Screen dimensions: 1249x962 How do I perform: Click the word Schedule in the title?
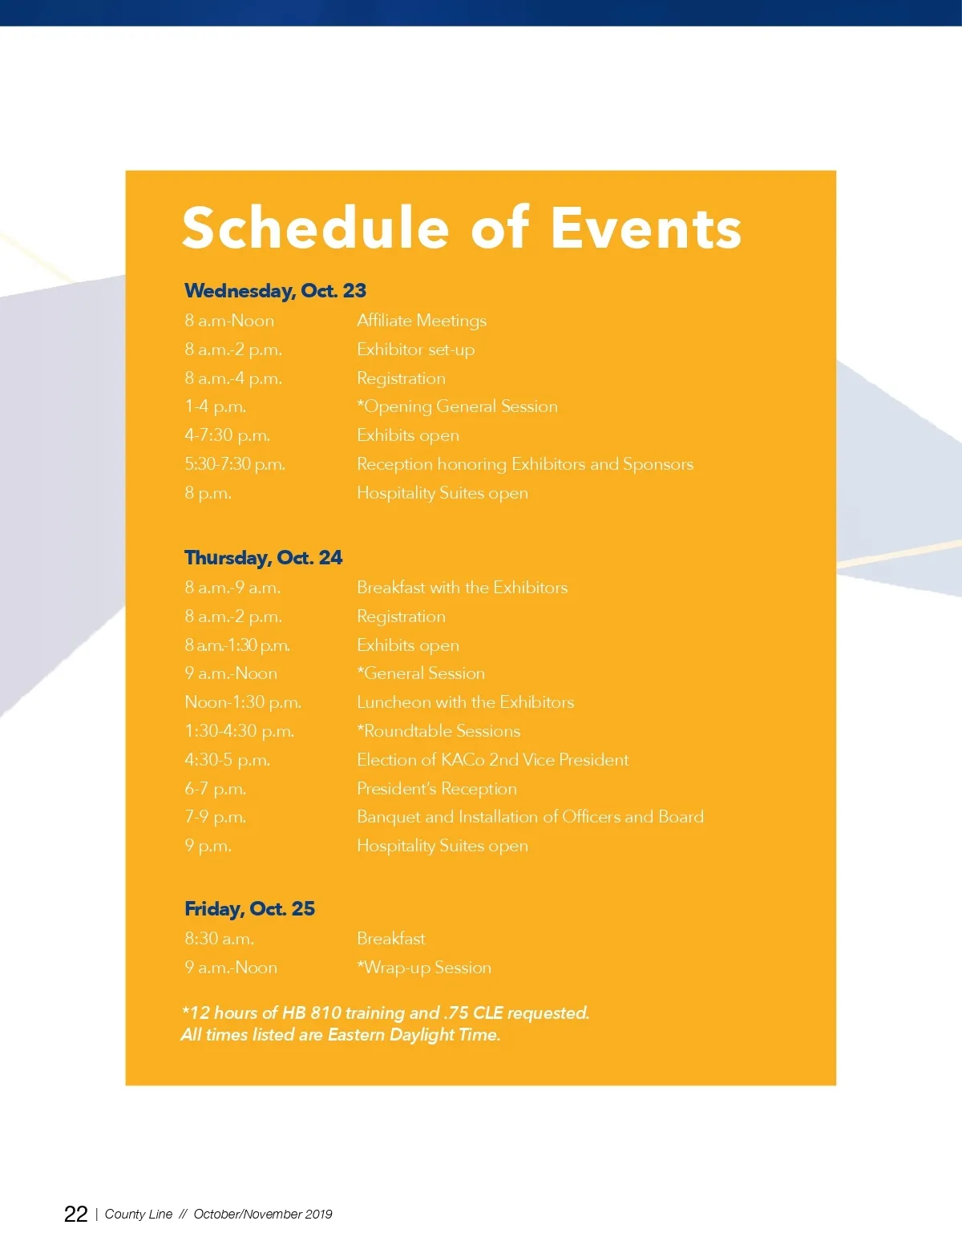point(315,228)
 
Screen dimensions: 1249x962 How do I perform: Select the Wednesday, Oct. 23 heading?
point(275,290)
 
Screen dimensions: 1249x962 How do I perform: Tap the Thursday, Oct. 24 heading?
point(263,557)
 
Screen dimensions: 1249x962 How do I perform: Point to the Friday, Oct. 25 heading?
point(249,908)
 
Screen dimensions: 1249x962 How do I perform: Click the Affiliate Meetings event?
point(422,321)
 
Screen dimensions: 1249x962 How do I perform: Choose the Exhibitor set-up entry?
point(415,350)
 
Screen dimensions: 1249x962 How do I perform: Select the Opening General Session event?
point(457,406)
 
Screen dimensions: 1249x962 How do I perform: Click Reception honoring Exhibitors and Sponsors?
point(525,464)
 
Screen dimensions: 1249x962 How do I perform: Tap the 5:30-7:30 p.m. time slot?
point(235,464)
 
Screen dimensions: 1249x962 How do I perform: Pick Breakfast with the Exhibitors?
point(462,588)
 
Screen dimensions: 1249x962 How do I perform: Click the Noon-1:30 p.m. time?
point(243,702)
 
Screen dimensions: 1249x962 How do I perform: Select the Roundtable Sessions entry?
point(439,731)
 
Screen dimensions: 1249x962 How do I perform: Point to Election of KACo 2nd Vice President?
point(492,760)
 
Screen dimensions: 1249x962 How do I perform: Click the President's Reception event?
point(437,789)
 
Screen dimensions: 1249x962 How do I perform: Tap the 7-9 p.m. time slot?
point(215,817)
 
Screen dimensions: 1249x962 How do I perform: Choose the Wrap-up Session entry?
point(424,968)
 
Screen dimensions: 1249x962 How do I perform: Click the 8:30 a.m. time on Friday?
point(219,939)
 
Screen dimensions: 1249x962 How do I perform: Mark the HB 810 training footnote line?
point(386,1013)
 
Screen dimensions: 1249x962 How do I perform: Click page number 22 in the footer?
point(75,1214)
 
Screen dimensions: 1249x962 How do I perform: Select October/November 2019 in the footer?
point(263,1214)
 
